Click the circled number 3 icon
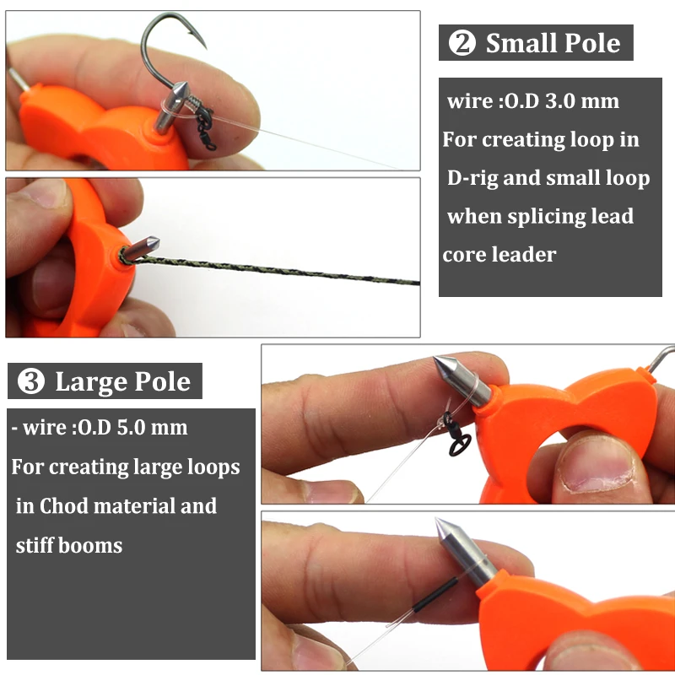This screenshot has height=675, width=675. (x=31, y=382)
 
